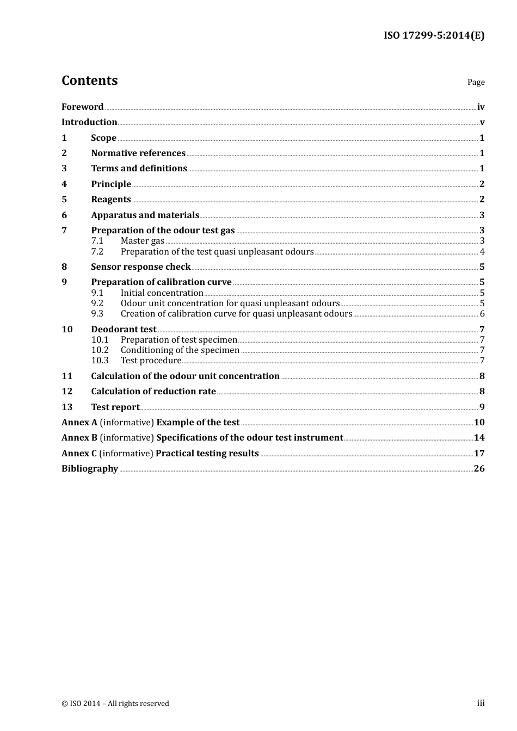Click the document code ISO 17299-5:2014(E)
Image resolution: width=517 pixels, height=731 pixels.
434,35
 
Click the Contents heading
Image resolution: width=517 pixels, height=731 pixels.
89,80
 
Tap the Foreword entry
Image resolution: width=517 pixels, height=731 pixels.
82,107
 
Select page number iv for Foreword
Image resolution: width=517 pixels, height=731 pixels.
481,107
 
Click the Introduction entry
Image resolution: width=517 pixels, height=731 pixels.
89,122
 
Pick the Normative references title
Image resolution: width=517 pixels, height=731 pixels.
138,153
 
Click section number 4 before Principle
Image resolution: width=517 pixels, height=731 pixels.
64,184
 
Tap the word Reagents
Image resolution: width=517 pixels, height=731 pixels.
111,199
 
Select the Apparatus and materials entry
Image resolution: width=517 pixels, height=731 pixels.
145,215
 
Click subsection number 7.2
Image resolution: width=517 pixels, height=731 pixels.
97,251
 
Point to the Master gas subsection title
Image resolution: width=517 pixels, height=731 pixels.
142,240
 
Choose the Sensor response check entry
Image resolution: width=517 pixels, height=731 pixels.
140,267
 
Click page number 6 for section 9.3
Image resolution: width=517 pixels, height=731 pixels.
482,313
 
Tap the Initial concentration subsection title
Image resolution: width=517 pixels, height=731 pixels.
162,293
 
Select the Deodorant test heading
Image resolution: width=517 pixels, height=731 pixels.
124,329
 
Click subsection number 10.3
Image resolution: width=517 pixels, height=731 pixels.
100,360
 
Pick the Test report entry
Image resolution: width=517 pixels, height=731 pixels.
115,407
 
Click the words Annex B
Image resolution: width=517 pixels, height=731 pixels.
79,437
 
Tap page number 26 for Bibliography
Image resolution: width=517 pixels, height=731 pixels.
479,468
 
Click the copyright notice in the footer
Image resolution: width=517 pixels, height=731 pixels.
115,703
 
